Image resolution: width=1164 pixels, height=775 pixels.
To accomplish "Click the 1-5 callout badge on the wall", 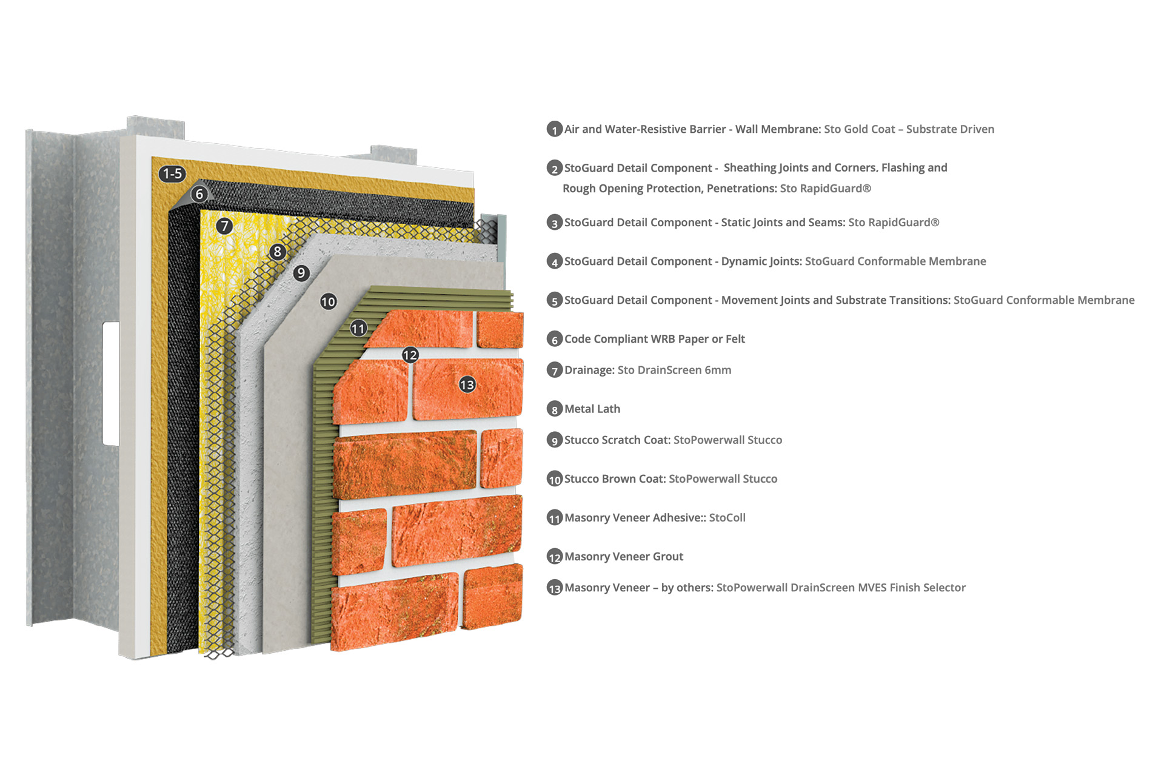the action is tap(172, 174).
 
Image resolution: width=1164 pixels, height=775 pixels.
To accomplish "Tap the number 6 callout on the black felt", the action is tap(199, 194).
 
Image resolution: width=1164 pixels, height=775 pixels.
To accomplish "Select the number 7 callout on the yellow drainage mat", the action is tap(224, 226).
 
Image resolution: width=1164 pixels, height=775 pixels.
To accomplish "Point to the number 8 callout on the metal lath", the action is tap(277, 252).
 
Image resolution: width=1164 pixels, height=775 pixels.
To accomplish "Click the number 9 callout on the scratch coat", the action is tap(301, 273).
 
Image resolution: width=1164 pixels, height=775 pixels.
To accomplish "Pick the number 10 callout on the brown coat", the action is tap(328, 301).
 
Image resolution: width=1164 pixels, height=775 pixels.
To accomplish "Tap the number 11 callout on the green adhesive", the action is tap(358, 329).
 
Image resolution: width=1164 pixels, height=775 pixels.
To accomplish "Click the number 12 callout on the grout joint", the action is tap(410, 355).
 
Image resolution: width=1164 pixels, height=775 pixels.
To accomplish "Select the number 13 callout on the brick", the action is tap(467, 384).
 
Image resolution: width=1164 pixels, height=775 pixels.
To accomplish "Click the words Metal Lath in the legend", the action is tap(592, 409).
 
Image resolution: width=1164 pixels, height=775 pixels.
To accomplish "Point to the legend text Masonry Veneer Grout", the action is tap(624, 557).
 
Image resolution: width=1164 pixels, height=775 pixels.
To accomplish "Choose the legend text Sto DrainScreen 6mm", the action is tap(674, 370).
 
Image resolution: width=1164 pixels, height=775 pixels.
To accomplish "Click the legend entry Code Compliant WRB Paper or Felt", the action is tap(655, 339).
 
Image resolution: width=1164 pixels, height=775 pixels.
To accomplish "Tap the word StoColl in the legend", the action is tap(727, 518).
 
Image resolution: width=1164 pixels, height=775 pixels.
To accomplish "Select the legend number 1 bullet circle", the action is tap(555, 129).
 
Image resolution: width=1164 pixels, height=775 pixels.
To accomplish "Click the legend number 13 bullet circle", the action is tap(555, 588).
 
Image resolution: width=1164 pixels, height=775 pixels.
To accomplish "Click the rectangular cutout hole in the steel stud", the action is tap(111, 384).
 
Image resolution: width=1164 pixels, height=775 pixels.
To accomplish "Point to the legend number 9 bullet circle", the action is tap(555, 440).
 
